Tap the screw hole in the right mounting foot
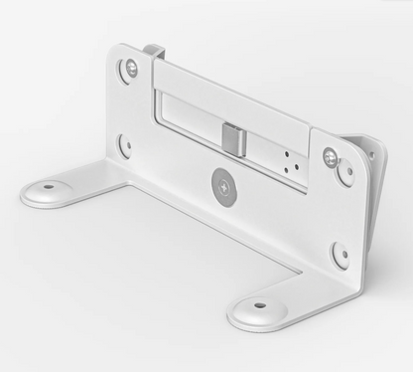click(x=260, y=305)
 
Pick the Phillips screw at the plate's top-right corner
click(x=330, y=156)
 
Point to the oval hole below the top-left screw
click(x=125, y=146)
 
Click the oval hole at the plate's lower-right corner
click(x=340, y=253)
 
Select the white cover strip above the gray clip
click(x=233, y=94)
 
